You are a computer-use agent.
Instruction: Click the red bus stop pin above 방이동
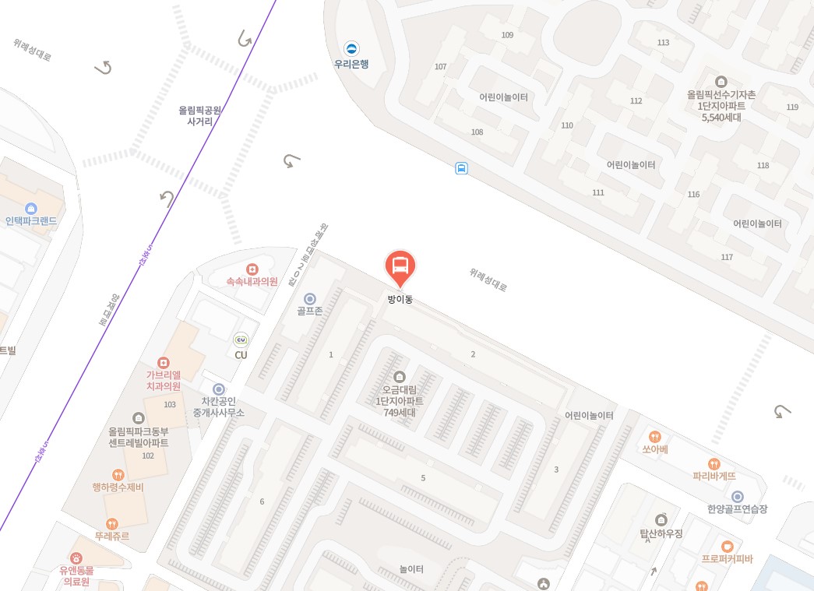(x=400, y=267)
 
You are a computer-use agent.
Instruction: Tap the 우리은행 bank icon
(x=352, y=48)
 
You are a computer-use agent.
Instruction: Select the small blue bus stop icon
(x=461, y=167)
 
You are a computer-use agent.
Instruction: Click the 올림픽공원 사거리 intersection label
(x=200, y=116)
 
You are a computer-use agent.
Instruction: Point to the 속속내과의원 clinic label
(x=252, y=282)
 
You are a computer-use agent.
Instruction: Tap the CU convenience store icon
(x=241, y=339)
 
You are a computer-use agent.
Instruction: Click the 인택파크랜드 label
(x=31, y=220)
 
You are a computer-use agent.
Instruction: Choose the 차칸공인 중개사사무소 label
(x=219, y=406)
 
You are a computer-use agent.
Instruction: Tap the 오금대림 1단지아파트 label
(x=400, y=400)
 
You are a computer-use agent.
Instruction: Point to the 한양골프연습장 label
(x=737, y=508)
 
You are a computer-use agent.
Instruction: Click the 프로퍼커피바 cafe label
(x=727, y=558)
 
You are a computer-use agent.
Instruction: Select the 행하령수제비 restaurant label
(x=118, y=487)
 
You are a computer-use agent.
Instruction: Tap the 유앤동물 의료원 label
(x=76, y=575)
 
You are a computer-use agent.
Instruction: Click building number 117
(x=727, y=257)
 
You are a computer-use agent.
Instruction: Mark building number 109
(x=508, y=35)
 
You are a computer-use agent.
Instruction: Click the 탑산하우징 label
(x=661, y=533)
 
